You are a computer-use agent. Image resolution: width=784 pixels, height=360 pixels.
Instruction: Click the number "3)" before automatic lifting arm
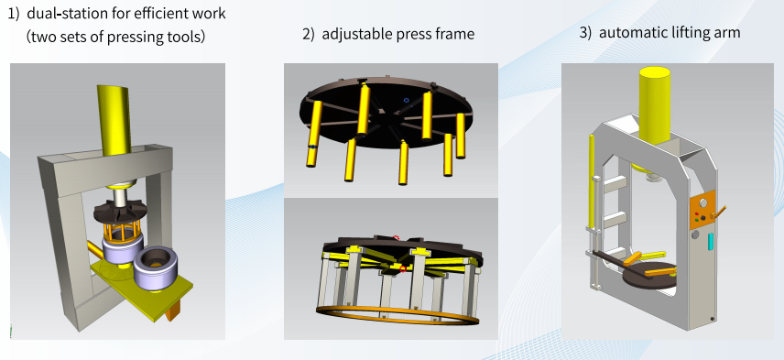[585, 32]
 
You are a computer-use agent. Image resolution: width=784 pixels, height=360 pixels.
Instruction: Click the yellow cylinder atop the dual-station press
[114, 120]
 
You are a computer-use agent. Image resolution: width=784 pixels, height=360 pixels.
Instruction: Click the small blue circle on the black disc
[407, 101]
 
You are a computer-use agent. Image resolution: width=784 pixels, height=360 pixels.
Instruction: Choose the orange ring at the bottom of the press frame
[397, 314]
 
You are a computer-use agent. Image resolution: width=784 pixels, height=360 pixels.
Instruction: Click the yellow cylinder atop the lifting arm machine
[655, 105]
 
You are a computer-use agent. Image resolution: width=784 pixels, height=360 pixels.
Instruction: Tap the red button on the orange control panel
[696, 214]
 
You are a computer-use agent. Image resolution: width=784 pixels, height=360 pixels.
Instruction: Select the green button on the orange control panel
[697, 220]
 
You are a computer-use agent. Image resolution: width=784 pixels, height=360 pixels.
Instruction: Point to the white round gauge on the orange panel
[704, 203]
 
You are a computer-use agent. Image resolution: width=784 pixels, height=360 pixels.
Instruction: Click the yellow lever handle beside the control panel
[718, 212]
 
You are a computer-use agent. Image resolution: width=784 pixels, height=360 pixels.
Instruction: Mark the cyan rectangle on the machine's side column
[711, 241]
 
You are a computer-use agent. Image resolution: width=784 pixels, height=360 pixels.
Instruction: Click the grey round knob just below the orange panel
[695, 235]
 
